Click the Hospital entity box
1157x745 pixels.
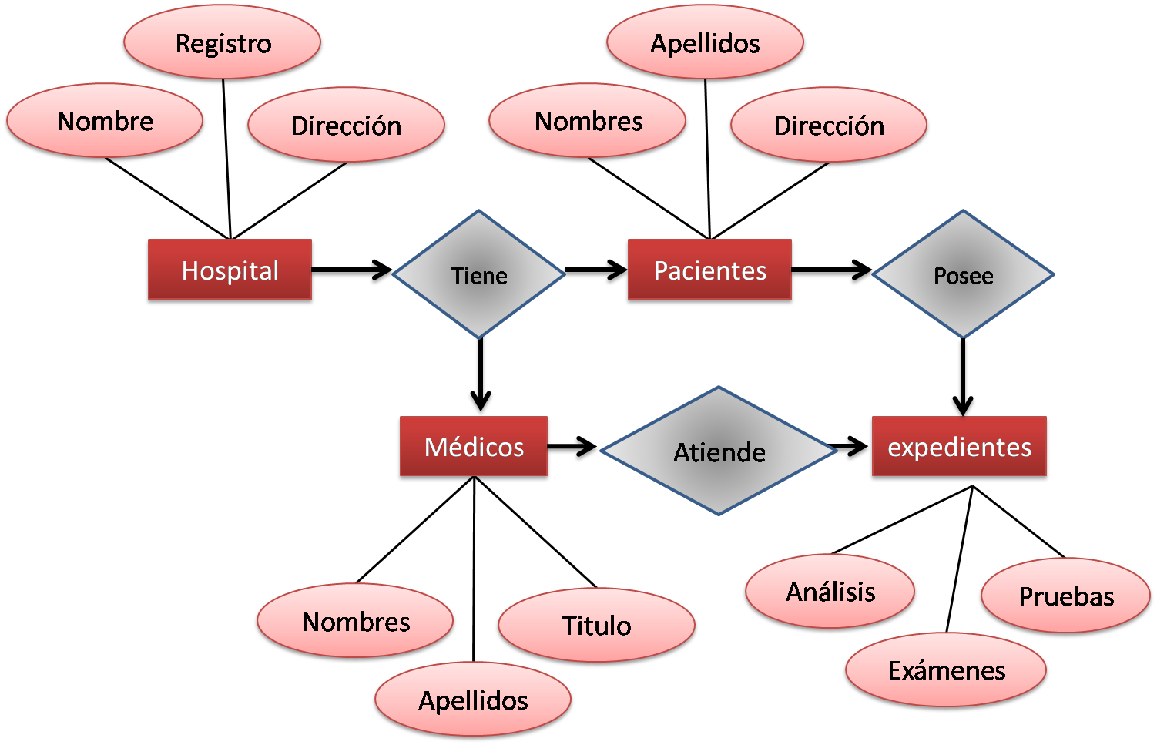[230, 270]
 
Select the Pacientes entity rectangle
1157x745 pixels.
[709, 270]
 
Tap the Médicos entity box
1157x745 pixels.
[474, 448]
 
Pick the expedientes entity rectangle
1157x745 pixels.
[959, 448]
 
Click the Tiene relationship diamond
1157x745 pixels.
[479, 274]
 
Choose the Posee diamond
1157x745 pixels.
[963, 274]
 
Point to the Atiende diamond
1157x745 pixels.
[719, 451]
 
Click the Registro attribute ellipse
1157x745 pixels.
[223, 43]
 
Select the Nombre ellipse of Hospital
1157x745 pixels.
[106, 121]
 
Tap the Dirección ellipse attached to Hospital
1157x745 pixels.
[346, 126]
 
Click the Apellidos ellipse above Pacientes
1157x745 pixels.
[705, 43]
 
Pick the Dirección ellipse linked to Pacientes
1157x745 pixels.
[829, 126]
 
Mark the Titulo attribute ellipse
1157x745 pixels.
[597, 626]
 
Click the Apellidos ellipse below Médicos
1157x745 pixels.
[473, 700]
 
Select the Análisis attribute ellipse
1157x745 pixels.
[830, 592]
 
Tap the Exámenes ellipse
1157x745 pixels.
[947, 670]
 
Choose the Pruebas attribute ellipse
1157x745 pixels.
[1066, 596]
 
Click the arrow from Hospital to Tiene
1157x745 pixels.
[354, 272]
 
